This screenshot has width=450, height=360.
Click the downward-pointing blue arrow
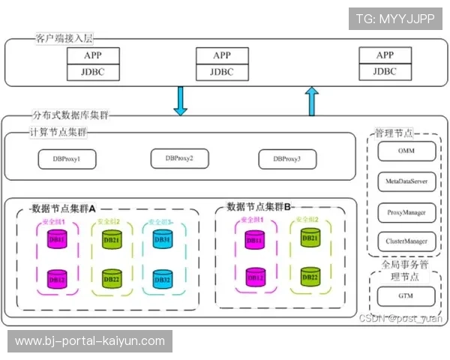tap(180, 101)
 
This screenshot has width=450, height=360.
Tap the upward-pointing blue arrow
tap(312, 101)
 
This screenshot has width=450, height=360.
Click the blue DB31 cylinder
tap(162, 240)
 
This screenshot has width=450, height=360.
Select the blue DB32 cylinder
tap(162, 279)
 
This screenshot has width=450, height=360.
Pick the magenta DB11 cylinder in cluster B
tap(255, 240)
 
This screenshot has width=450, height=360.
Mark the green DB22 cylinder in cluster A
tap(111, 279)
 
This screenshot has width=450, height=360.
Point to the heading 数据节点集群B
tap(259, 206)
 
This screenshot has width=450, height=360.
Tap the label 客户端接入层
tap(63, 37)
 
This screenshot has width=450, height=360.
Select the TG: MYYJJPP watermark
tap(394, 19)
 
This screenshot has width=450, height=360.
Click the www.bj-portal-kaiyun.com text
tap(89, 341)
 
